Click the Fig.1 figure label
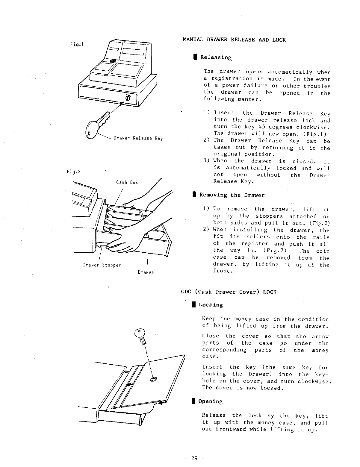click(x=76, y=45)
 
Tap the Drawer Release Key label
click(x=138, y=139)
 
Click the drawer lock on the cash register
click(x=128, y=98)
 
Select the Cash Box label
click(x=127, y=182)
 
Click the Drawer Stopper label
click(x=102, y=265)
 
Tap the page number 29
click(x=194, y=458)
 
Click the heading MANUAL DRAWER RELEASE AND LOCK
click(x=234, y=40)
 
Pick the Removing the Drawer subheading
click(x=232, y=195)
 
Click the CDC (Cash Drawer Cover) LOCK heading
click(x=229, y=292)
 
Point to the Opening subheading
click(x=210, y=401)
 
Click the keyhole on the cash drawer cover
click(x=154, y=379)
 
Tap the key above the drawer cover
click(x=140, y=335)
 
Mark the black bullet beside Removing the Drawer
click(x=194, y=195)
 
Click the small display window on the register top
click(x=114, y=49)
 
